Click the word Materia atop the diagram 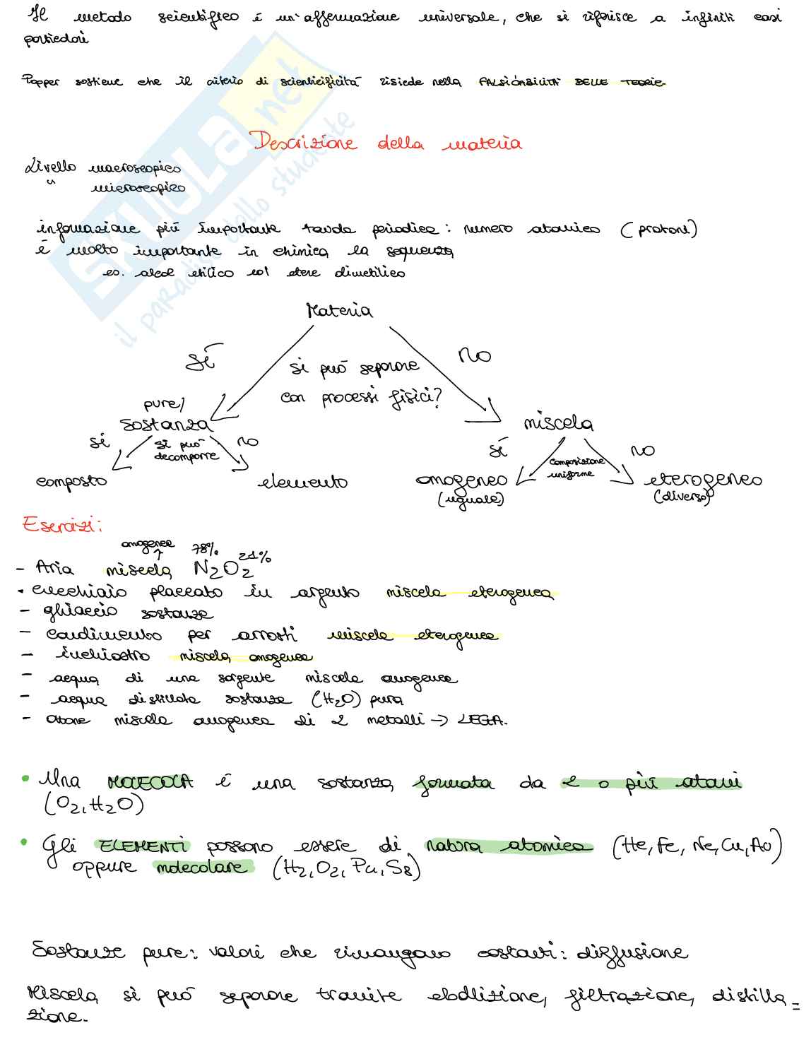click(x=339, y=311)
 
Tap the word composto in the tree click(x=71, y=482)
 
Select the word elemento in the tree click(x=303, y=483)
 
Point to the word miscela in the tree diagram click(x=558, y=423)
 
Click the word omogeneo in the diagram click(x=461, y=480)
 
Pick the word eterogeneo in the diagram click(x=703, y=480)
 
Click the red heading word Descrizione click(x=305, y=142)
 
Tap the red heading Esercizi click(x=61, y=525)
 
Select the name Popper click(x=41, y=82)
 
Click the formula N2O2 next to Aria click(x=223, y=569)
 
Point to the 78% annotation click(x=206, y=550)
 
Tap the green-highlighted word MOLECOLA click(x=150, y=783)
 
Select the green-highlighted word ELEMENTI click(x=143, y=846)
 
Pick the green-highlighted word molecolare click(x=203, y=868)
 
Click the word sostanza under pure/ click(x=165, y=425)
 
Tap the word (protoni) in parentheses click(x=658, y=230)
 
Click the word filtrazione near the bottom click(x=625, y=996)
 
